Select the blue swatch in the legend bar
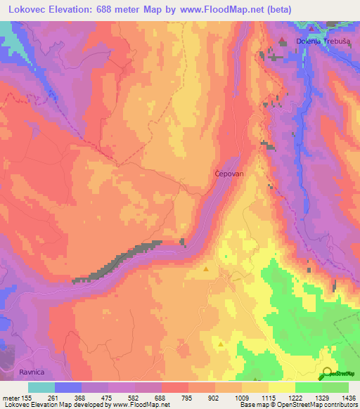point(67,387)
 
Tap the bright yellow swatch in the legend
point(281,387)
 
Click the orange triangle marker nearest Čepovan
point(206,268)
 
